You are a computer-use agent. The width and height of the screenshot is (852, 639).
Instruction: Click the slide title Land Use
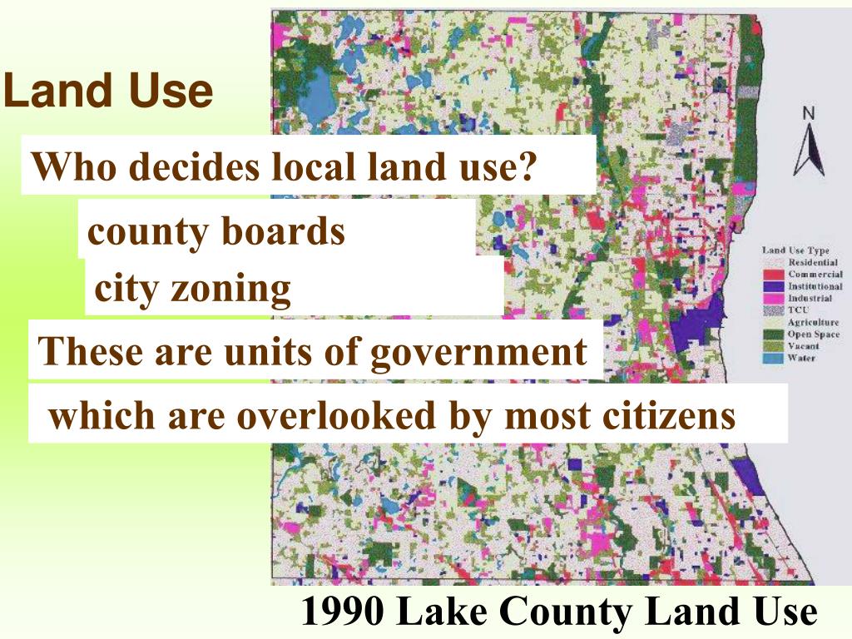pyautogui.click(x=107, y=92)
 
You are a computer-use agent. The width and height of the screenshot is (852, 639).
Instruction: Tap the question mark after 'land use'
pyautogui.click(x=524, y=168)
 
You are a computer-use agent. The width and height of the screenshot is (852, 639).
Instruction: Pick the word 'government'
pyautogui.click(x=478, y=351)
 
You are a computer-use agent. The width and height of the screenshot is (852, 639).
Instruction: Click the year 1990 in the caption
pyautogui.click(x=342, y=612)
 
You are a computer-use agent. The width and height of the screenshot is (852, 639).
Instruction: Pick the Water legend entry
pyautogui.click(x=802, y=359)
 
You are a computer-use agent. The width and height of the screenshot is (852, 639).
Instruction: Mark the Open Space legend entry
pyautogui.click(x=814, y=334)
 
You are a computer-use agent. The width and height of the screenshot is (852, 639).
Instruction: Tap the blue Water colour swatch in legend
pyautogui.click(x=775, y=359)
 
